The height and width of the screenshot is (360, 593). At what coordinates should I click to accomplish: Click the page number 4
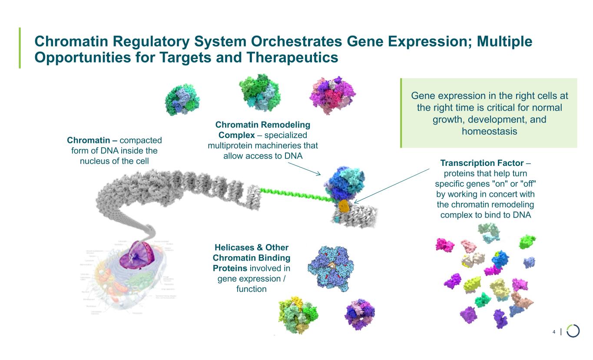pyautogui.click(x=554, y=332)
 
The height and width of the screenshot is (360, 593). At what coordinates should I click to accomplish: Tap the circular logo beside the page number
pyautogui.click(x=573, y=331)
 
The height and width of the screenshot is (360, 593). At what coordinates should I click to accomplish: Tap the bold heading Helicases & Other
pyautogui.click(x=252, y=248)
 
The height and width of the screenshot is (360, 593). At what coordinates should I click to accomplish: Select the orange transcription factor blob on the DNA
pyautogui.click(x=344, y=206)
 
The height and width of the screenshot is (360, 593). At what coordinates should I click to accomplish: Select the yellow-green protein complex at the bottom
pyautogui.click(x=298, y=315)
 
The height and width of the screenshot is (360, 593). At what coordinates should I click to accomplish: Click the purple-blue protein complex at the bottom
pyautogui.click(x=360, y=314)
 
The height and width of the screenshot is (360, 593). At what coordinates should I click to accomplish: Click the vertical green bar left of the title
pyautogui.click(x=20, y=48)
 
